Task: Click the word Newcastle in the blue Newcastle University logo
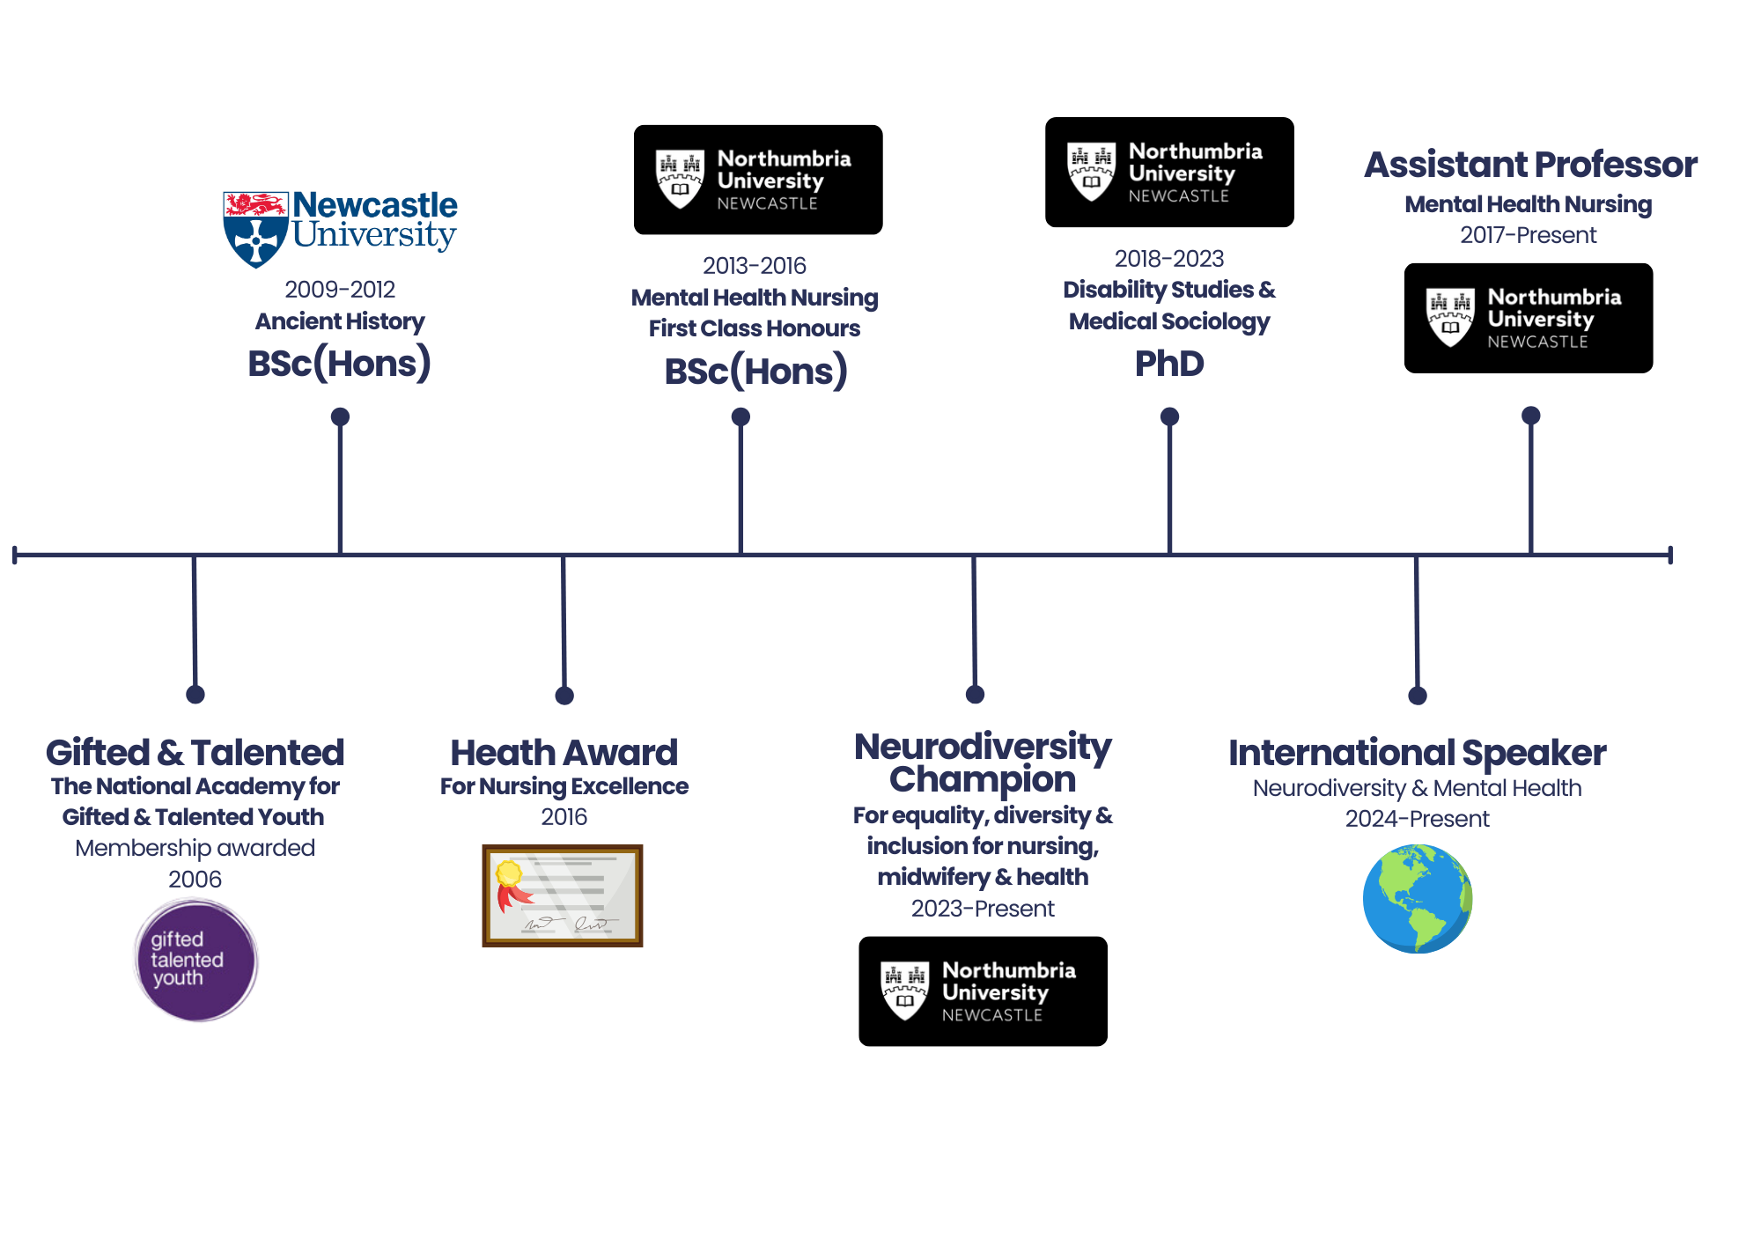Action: pyautogui.click(x=374, y=205)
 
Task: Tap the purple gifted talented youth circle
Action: pyautogui.click(x=195, y=959)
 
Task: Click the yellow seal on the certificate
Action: pyautogui.click(x=509, y=873)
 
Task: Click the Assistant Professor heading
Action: pyautogui.click(x=1529, y=165)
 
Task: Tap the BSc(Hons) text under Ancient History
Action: pyautogui.click(x=340, y=364)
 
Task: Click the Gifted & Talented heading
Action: pyautogui.click(x=194, y=753)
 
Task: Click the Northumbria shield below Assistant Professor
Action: pyautogui.click(x=1450, y=317)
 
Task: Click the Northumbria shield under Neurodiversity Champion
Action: pyautogui.click(x=904, y=990)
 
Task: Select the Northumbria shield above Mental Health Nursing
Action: pyautogui.click(x=680, y=179)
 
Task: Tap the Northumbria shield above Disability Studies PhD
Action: pyautogui.click(x=1091, y=172)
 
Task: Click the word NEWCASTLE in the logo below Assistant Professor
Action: pyautogui.click(x=1537, y=342)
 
